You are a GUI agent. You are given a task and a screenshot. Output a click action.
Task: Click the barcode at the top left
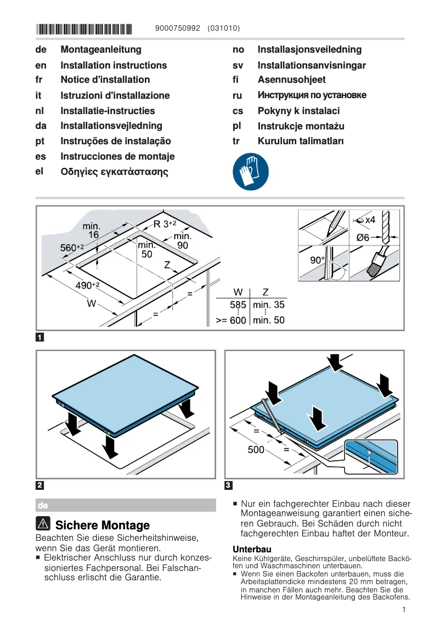[84, 29]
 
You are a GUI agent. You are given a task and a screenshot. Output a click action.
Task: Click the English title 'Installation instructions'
[114, 65]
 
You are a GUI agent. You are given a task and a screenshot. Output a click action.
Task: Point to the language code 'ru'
[238, 95]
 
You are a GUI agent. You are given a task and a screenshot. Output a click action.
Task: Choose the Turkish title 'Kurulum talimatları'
[301, 141]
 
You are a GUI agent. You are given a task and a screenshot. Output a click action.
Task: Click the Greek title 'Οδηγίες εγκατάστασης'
[114, 172]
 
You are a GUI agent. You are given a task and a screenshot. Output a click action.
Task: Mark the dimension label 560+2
[71, 248]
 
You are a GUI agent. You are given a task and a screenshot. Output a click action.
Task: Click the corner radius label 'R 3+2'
[165, 224]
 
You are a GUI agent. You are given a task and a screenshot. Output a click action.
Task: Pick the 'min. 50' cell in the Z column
[269, 320]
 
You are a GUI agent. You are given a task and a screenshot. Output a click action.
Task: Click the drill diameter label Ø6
[363, 238]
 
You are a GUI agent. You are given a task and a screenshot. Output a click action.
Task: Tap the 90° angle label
[317, 261]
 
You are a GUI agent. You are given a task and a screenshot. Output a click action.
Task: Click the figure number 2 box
[40, 485]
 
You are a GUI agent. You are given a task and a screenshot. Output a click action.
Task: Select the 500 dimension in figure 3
[256, 450]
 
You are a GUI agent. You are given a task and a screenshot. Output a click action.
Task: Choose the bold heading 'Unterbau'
[252, 549]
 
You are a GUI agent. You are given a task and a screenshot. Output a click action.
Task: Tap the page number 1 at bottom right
[403, 609]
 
